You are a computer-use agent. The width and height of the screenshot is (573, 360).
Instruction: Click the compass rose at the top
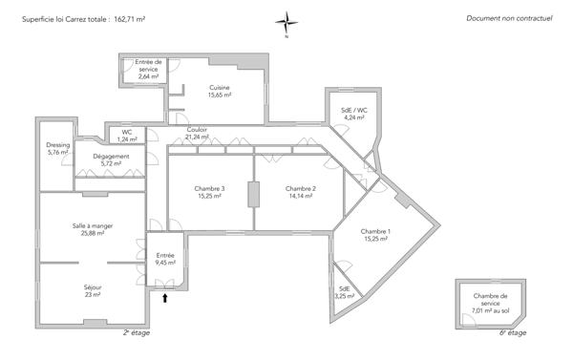point(286,22)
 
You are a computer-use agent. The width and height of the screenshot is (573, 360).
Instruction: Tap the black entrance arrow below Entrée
point(166,299)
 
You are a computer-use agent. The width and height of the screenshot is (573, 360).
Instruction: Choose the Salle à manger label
point(92,228)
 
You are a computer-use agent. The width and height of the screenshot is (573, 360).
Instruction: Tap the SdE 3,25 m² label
point(344,292)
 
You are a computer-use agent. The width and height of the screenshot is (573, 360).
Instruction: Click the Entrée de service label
point(147,69)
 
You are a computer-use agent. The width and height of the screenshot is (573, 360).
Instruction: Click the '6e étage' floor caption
point(513,333)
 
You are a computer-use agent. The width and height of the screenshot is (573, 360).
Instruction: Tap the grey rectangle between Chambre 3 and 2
point(254,194)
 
